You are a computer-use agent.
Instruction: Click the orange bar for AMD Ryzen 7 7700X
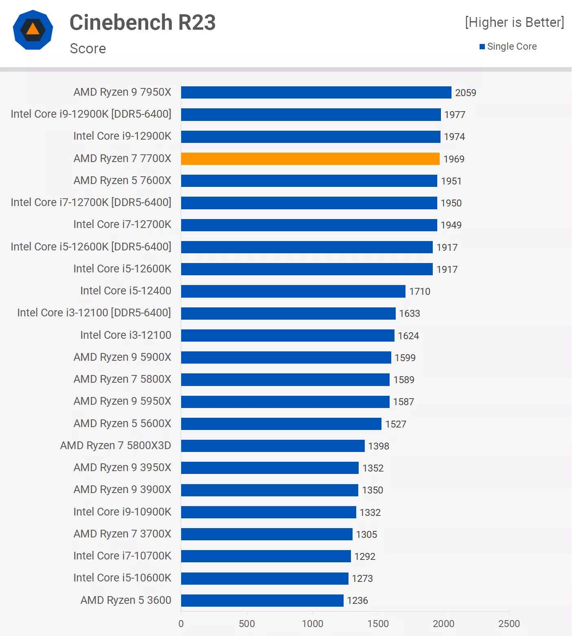tap(310, 159)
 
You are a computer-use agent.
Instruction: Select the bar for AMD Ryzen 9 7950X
tap(316, 92)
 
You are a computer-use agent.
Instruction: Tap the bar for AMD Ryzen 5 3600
tap(262, 600)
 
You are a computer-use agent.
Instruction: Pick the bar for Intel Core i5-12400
tap(293, 291)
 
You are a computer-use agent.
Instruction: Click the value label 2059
tap(465, 93)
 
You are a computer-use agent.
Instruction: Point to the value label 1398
tap(378, 446)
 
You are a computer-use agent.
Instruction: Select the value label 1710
tap(419, 292)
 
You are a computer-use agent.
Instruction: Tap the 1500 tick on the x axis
tap(378, 623)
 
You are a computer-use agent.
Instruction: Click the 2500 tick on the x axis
tap(509, 623)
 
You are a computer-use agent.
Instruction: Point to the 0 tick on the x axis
tap(181, 623)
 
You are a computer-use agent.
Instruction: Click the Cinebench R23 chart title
tap(142, 22)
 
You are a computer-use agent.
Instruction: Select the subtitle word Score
tap(88, 48)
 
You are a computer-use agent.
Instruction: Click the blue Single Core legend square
tap(482, 47)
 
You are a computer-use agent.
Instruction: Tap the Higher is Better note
tap(515, 22)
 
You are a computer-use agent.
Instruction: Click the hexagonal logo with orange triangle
tap(33, 30)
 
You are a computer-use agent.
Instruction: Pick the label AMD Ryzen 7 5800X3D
tap(116, 445)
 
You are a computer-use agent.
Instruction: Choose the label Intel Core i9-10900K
tap(122, 512)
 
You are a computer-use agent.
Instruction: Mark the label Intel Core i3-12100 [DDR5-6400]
tap(94, 313)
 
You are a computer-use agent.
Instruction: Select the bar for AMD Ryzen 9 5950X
tap(285, 401)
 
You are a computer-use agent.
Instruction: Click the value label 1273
tap(362, 579)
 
